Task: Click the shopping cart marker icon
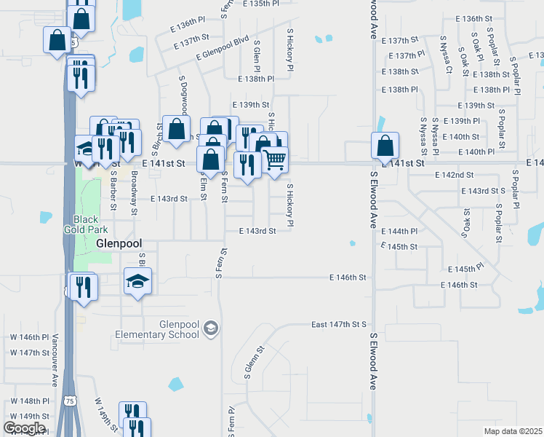click(274, 159)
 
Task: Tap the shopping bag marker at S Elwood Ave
click(385, 145)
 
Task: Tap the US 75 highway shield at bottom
click(69, 401)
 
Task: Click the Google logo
click(24, 428)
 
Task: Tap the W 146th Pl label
click(29, 337)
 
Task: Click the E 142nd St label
click(455, 176)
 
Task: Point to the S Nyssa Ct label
click(449, 61)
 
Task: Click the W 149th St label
click(29, 416)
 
